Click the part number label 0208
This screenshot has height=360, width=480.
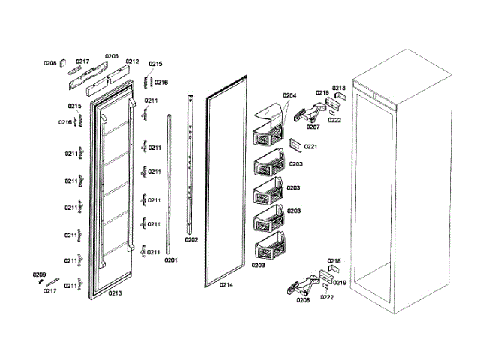49,63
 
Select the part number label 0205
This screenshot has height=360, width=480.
111,56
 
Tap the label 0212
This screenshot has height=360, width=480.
132,61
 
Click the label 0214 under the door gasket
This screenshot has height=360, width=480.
226,285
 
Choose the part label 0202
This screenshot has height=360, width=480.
191,240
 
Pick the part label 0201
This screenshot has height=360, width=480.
170,260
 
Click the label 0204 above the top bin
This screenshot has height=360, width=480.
290,95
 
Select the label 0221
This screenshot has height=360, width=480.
311,146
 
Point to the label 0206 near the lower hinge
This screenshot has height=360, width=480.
303,299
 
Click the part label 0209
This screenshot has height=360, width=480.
39,275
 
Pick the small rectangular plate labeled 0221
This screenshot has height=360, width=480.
295,145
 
